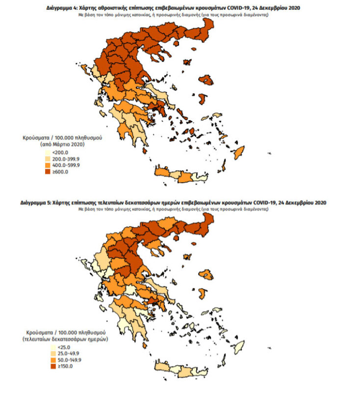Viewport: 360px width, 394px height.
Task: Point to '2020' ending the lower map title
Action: pyautogui.click(x=318, y=202)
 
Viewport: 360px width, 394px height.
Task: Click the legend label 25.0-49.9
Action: pyautogui.click(x=60, y=353)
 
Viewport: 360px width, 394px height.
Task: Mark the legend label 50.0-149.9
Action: pyautogui.click(x=61, y=360)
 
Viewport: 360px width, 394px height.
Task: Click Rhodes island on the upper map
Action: pyautogui.click(x=239, y=153)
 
